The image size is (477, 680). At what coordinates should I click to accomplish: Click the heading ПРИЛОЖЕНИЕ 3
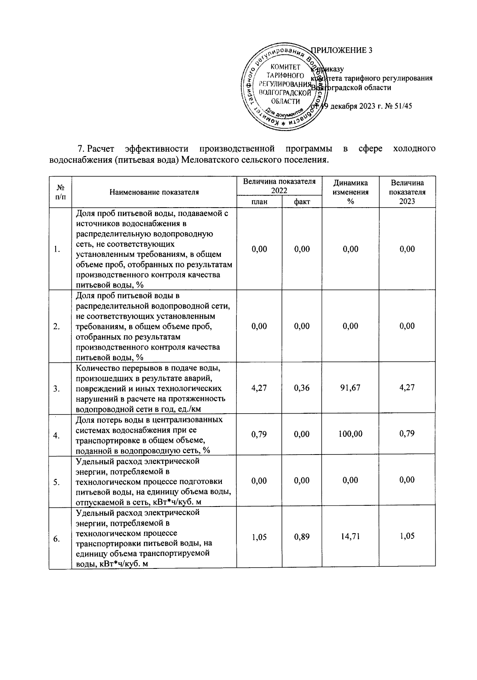tap(342, 50)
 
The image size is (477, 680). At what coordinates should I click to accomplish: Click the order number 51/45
tap(403, 107)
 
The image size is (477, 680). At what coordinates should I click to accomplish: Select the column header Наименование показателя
tap(154, 192)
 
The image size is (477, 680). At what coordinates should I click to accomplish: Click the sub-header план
tap(259, 202)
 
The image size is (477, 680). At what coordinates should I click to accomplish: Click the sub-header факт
tap(302, 202)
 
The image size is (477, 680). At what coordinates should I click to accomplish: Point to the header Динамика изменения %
tap(350, 192)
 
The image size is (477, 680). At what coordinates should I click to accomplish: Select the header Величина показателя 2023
tap(407, 192)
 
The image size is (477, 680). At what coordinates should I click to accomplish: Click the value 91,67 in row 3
tap(350, 387)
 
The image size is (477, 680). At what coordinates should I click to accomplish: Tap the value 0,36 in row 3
tap(302, 387)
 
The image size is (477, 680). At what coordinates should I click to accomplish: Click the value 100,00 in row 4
tap(350, 434)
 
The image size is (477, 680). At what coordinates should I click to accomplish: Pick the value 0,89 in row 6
tap(302, 537)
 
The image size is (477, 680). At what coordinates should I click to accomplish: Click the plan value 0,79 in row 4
tap(259, 434)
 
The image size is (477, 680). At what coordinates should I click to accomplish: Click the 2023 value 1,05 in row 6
tap(407, 536)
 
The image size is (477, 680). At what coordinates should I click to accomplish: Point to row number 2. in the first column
tap(57, 327)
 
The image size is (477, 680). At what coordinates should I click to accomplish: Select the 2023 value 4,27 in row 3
tap(407, 387)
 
